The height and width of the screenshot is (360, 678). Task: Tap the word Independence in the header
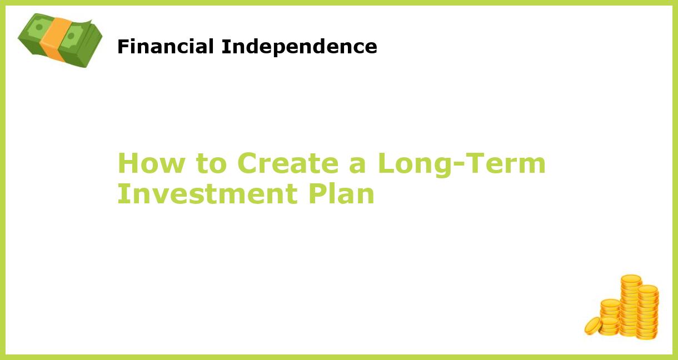pyautogui.click(x=299, y=47)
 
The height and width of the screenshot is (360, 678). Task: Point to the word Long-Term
pyautogui.click(x=461, y=163)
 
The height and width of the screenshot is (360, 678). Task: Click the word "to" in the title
pyautogui.click(x=211, y=163)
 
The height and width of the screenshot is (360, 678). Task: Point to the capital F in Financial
pyautogui.click(x=122, y=47)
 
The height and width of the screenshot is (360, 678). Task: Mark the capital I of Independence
pyautogui.click(x=224, y=47)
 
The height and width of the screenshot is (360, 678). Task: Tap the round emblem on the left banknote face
pyautogui.click(x=38, y=27)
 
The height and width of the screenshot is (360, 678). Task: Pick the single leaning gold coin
pyautogui.click(x=593, y=326)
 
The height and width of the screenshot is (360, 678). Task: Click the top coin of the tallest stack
pyautogui.click(x=631, y=278)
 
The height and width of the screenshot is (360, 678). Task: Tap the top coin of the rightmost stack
pyautogui.click(x=648, y=289)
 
